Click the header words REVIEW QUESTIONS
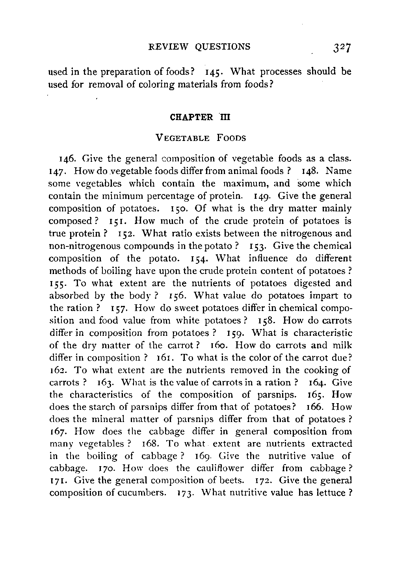[x=199, y=47]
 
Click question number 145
[x=215, y=72]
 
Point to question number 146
[x=65, y=159]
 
